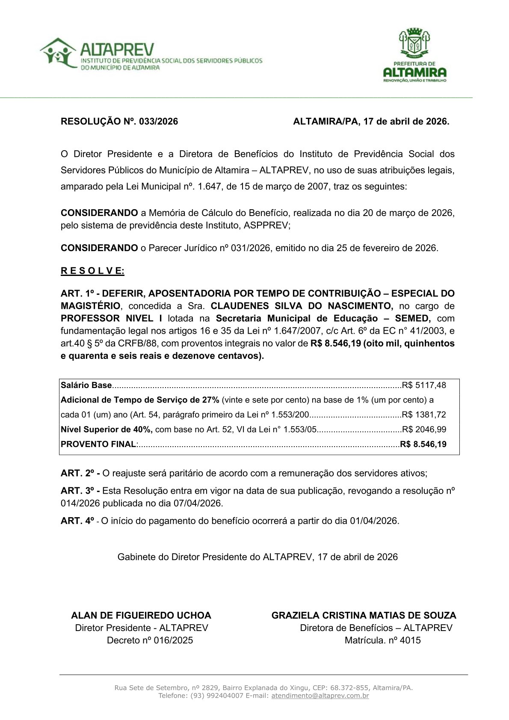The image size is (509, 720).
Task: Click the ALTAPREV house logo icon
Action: [58, 53]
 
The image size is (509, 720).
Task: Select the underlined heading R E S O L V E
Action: [92, 271]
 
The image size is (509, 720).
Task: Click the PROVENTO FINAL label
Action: [98, 444]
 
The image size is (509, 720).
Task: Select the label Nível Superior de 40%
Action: [107, 430]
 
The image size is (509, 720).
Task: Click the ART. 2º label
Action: [80, 473]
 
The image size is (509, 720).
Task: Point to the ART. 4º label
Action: [77, 521]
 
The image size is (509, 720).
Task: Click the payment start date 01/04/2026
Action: [374, 521]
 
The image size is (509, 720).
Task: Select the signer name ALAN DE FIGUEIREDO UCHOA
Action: [141, 615]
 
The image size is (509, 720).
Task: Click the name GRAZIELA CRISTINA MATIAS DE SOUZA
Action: [364, 615]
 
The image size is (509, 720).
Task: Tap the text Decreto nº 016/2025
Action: [150, 640]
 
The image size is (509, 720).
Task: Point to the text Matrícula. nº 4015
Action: [382, 640]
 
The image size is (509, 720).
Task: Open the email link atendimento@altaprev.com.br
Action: [320, 696]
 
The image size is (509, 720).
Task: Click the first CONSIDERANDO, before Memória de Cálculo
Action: [99, 213]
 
